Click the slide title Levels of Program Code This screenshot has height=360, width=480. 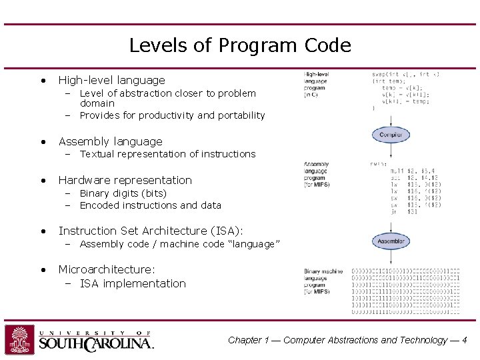click(x=239, y=45)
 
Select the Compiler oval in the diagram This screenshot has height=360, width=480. click(x=391, y=135)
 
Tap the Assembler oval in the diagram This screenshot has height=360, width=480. click(x=391, y=241)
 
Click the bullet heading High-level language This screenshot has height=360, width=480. click(x=111, y=80)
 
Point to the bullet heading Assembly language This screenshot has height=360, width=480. click(x=110, y=141)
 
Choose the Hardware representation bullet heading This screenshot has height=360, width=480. click(x=125, y=180)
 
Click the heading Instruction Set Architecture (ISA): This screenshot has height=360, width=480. click(x=151, y=231)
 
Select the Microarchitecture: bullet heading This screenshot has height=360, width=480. click(x=107, y=269)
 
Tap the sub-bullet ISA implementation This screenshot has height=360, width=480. click(x=133, y=283)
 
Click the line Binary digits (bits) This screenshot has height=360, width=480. click(x=123, y=193)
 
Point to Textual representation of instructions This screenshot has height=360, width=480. click(x=167, y=154)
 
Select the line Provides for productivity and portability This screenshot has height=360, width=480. click(x=172, y=115)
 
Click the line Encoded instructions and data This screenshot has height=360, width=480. click(x=150, y=205)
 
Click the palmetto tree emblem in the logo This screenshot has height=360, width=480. click(x=19, y=339)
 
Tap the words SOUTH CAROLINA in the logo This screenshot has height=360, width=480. click(x=95, y=344)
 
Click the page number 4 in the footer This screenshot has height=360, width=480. click(x=464, y=340)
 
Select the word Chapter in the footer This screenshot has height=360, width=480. click(x=245, y=340)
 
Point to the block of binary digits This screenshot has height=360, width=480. click(x=405, y=291)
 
